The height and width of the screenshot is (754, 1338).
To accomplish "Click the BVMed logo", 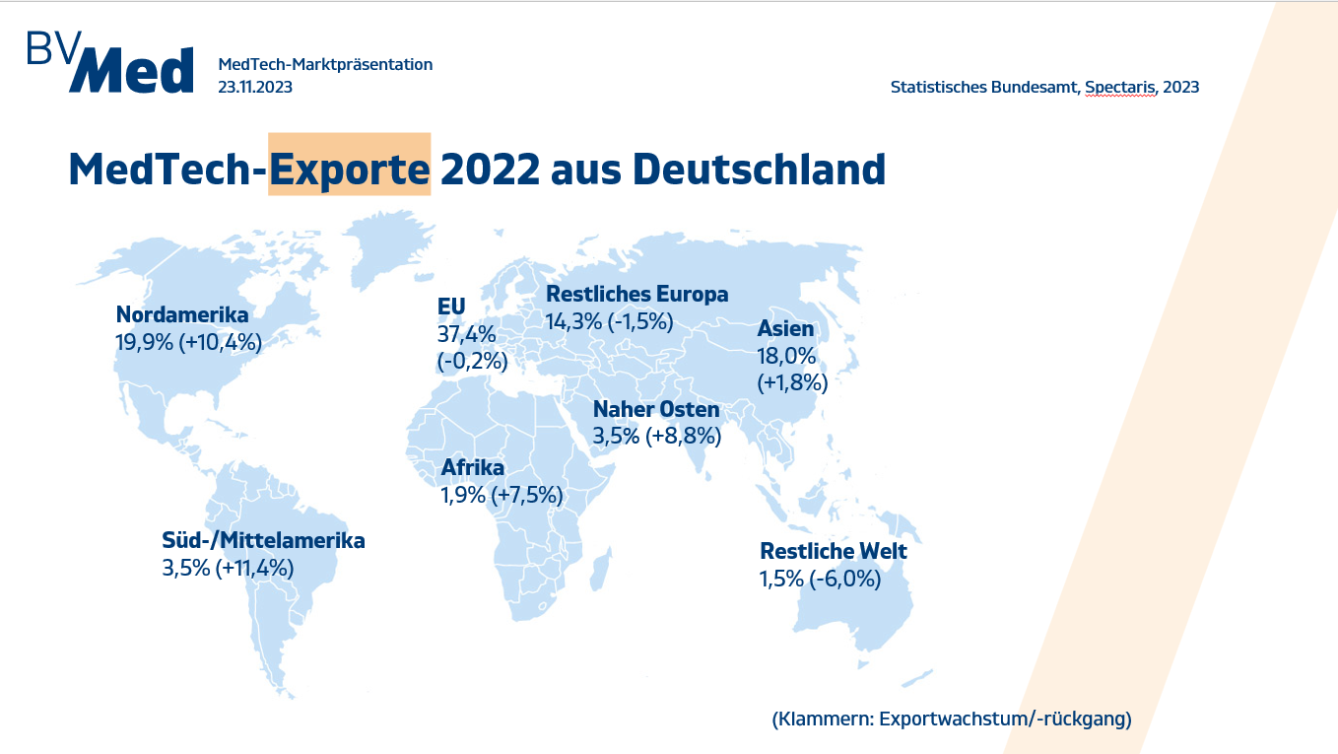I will (109, 63).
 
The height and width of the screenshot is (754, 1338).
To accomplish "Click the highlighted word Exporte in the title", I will (350, 169).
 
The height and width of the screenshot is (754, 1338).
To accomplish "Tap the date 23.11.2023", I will (255, 87).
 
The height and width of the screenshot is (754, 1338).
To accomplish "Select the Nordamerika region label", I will (182, 314).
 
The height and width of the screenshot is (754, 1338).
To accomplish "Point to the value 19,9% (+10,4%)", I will (189, 342).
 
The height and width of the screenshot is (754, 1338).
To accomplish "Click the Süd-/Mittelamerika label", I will (263, 540).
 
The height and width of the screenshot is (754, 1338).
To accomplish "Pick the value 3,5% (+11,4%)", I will (228, 568).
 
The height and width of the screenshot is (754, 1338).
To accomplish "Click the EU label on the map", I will (451, 307).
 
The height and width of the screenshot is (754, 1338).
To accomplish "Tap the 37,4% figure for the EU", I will (466, 334).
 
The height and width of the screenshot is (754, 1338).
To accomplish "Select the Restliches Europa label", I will (636, 294).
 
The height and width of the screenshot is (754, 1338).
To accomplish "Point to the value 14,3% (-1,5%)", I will (609, 321).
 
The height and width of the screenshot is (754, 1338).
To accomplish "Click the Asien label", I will (785, 329).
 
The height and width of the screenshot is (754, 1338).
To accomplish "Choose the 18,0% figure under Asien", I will (787, 356).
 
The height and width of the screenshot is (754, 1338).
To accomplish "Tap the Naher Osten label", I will (656, 409).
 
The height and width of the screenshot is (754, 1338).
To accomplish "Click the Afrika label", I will (472, 467).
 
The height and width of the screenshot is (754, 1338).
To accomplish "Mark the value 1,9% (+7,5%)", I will (502, 495).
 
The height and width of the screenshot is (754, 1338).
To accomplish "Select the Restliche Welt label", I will (833, 551).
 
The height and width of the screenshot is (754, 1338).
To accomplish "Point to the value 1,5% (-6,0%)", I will (819, 579).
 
